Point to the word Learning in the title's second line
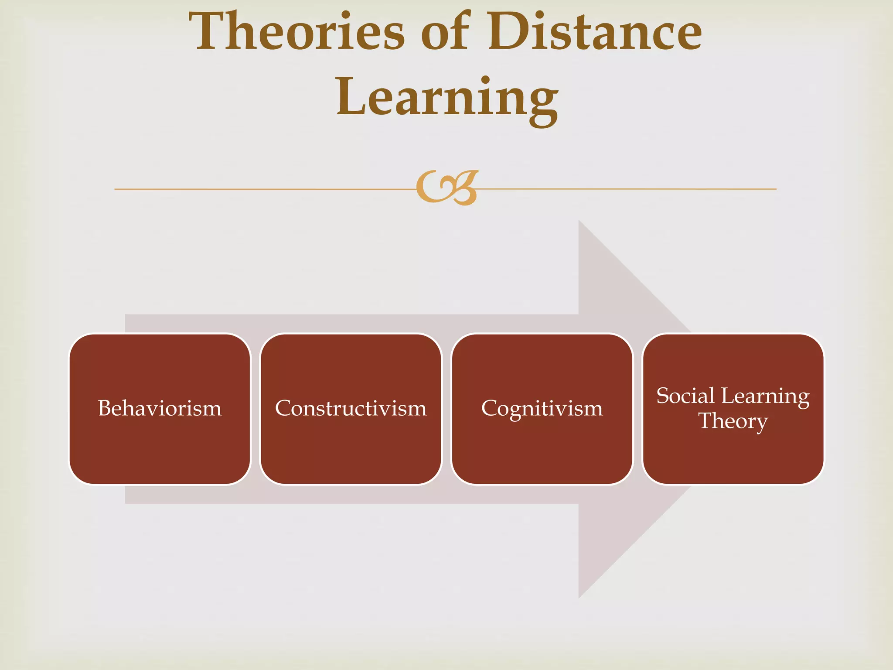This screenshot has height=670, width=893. pos(447,98)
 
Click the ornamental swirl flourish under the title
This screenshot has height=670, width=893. pos(447,188)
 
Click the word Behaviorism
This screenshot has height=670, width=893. pos(160,409)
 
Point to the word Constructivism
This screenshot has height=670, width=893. pos(351,409)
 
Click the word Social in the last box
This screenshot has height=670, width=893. pos(685,396)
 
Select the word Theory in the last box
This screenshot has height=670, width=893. pos(733,421)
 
